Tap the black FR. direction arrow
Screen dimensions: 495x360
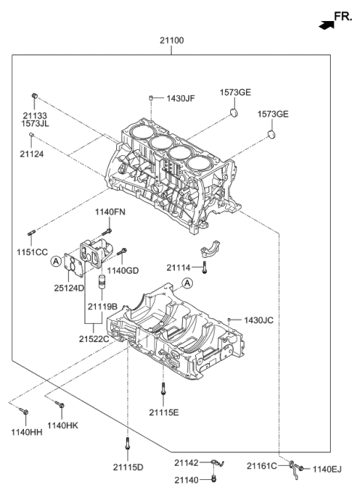pyautogui.click(x=325, y=25)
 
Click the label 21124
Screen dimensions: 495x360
pyautogui.click(x=33, y=153)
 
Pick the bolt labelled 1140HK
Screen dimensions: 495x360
pyautogui.click(x=60, y=408)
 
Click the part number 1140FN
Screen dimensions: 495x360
pyautogui.click(x=109, y=213)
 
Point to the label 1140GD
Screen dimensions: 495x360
pyautogui.click(x=121, y=270)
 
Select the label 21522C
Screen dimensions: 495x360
pyautogui.click(x=95, y=339)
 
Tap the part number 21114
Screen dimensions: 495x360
pyautogui.click(x=179, y=268)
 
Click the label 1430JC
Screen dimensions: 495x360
pyautogui.click(x=258, y=320)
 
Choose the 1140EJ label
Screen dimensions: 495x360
pyautogui.click(x=327, y=469)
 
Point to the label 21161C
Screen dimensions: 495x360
pyautogui.click(x=262, y=466)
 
